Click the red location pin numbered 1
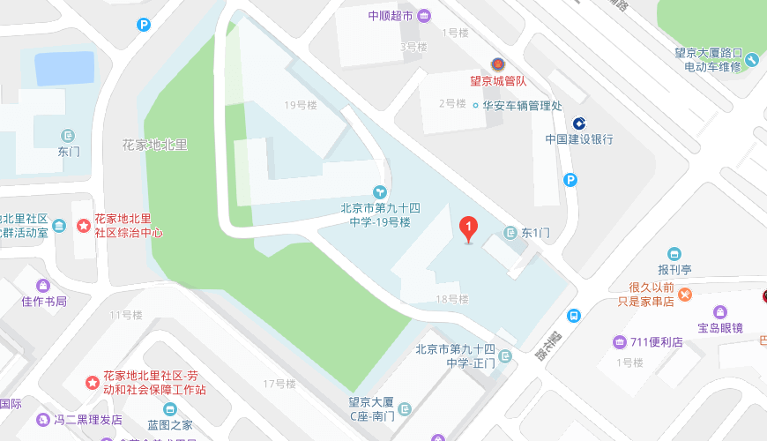click(x=469, y=229)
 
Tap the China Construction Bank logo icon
click(x=579, y=123)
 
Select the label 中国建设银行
click(x=579, y=139)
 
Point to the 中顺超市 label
click(x=391, y=15)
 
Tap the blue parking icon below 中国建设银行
click(x=570, y=180)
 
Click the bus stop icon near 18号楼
click(x=574, y=315)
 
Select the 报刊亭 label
click(x=674, y=270)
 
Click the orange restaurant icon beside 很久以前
click(x=684, y=294)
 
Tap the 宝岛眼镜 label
click(x=721, y=327)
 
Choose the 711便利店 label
click(x=657, y=342)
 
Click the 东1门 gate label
click(x=535, y=233)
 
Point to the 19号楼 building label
click(x=300, y=105)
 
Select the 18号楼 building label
click(x=451, y=299)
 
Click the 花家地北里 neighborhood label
click(x=155, y=145)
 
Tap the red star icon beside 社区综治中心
click(x=83, y=226)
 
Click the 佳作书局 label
click(x=44, y=301)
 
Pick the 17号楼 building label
click(x=279, y=384)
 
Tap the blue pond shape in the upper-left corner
click(x=63, y=69)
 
